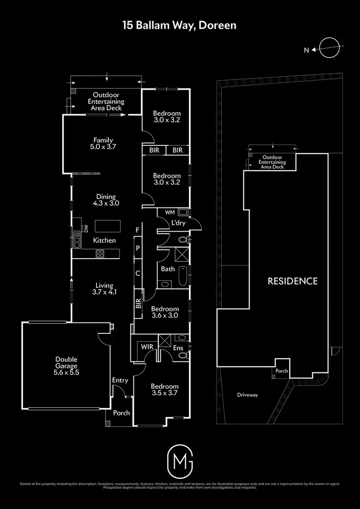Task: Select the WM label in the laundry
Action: pos(169,212)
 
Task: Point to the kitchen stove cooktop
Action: pos(100,254)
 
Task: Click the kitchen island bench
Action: pos(107,226)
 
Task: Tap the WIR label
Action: pos(146,346)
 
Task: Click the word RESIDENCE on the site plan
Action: pos(292,281)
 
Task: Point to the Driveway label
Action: pos(248,395)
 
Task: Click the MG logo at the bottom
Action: pos(180,459)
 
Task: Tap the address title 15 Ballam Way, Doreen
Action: pos(180,25)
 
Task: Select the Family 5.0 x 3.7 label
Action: pos(103,143)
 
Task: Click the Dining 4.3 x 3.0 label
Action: pos(106,200)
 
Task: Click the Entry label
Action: pos(120,380)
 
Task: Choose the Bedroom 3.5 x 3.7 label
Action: pos(165,390)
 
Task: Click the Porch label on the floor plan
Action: pos(121,413)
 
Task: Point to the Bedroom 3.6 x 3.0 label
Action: pos(165,312)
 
